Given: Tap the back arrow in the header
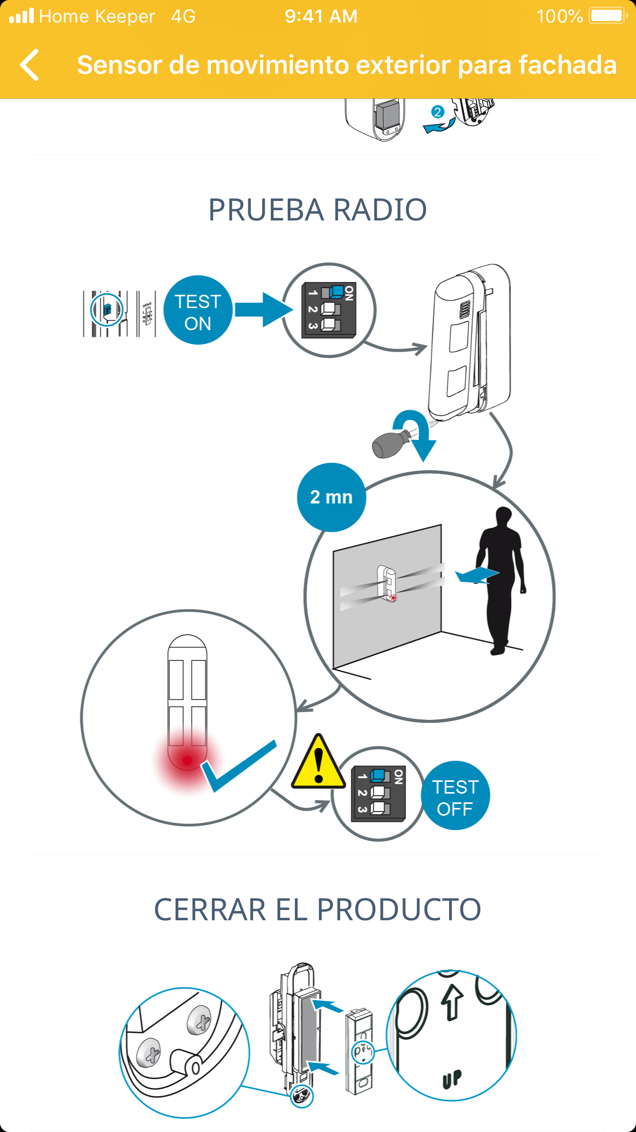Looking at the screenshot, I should pyautogui.click(x=30, y=65).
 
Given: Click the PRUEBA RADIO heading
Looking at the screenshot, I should pyautogui.click(x=317, y=210).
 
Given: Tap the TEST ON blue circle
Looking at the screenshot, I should pyautogui.click(x=198, y=311).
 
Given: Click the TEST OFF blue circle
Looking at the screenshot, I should pyautogui.click(x=455, y=796).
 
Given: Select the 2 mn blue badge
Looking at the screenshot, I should pyautogui.click(x=331, y=497).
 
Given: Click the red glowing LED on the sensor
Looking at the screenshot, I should pyautogui.click(x=187, y=760).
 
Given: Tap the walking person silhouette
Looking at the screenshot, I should pyautogui.click(x=499, y=579).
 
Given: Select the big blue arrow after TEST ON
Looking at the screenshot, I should pyautogui.click(x=263, y=310).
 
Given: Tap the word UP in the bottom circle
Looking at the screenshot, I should pyautogui.click(x=452, y=1078).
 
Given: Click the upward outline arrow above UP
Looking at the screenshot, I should pyautogui.click(x=452, y=1003).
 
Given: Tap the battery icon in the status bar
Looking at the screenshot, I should pyautogui.click(x=607, y=16).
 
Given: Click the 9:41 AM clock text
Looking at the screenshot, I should pyautogui.click(x=321, y=16).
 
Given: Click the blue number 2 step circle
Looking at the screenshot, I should pyautogui.click(x=437, y=112).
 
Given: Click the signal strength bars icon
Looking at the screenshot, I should pyautogui.click(x=22, y=16).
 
